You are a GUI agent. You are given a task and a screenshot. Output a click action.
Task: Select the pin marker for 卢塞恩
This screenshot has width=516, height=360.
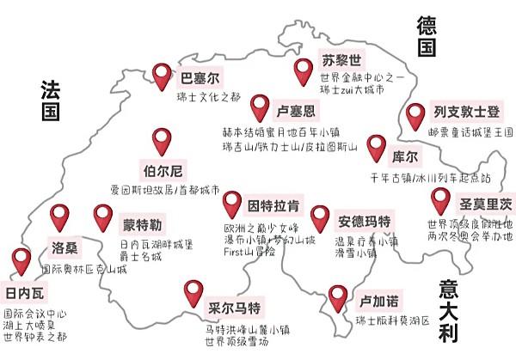point(261,107)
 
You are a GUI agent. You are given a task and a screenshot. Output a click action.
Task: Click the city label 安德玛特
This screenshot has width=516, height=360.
point(365,221)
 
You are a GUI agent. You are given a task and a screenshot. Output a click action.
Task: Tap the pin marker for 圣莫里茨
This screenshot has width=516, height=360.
point(441,200)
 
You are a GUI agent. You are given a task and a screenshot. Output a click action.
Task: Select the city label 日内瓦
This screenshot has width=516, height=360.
point(22,290)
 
